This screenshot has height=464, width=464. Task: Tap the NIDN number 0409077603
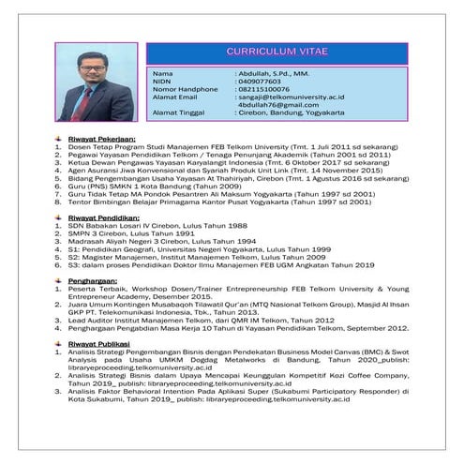[260, 82]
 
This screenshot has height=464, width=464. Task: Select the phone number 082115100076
[265, 89]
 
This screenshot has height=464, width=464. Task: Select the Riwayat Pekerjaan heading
[97, 138]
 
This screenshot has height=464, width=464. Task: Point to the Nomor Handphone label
[185, 89]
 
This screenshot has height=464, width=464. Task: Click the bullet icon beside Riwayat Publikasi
[59, 344]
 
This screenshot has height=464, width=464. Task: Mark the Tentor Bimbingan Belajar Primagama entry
[220, 200]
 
